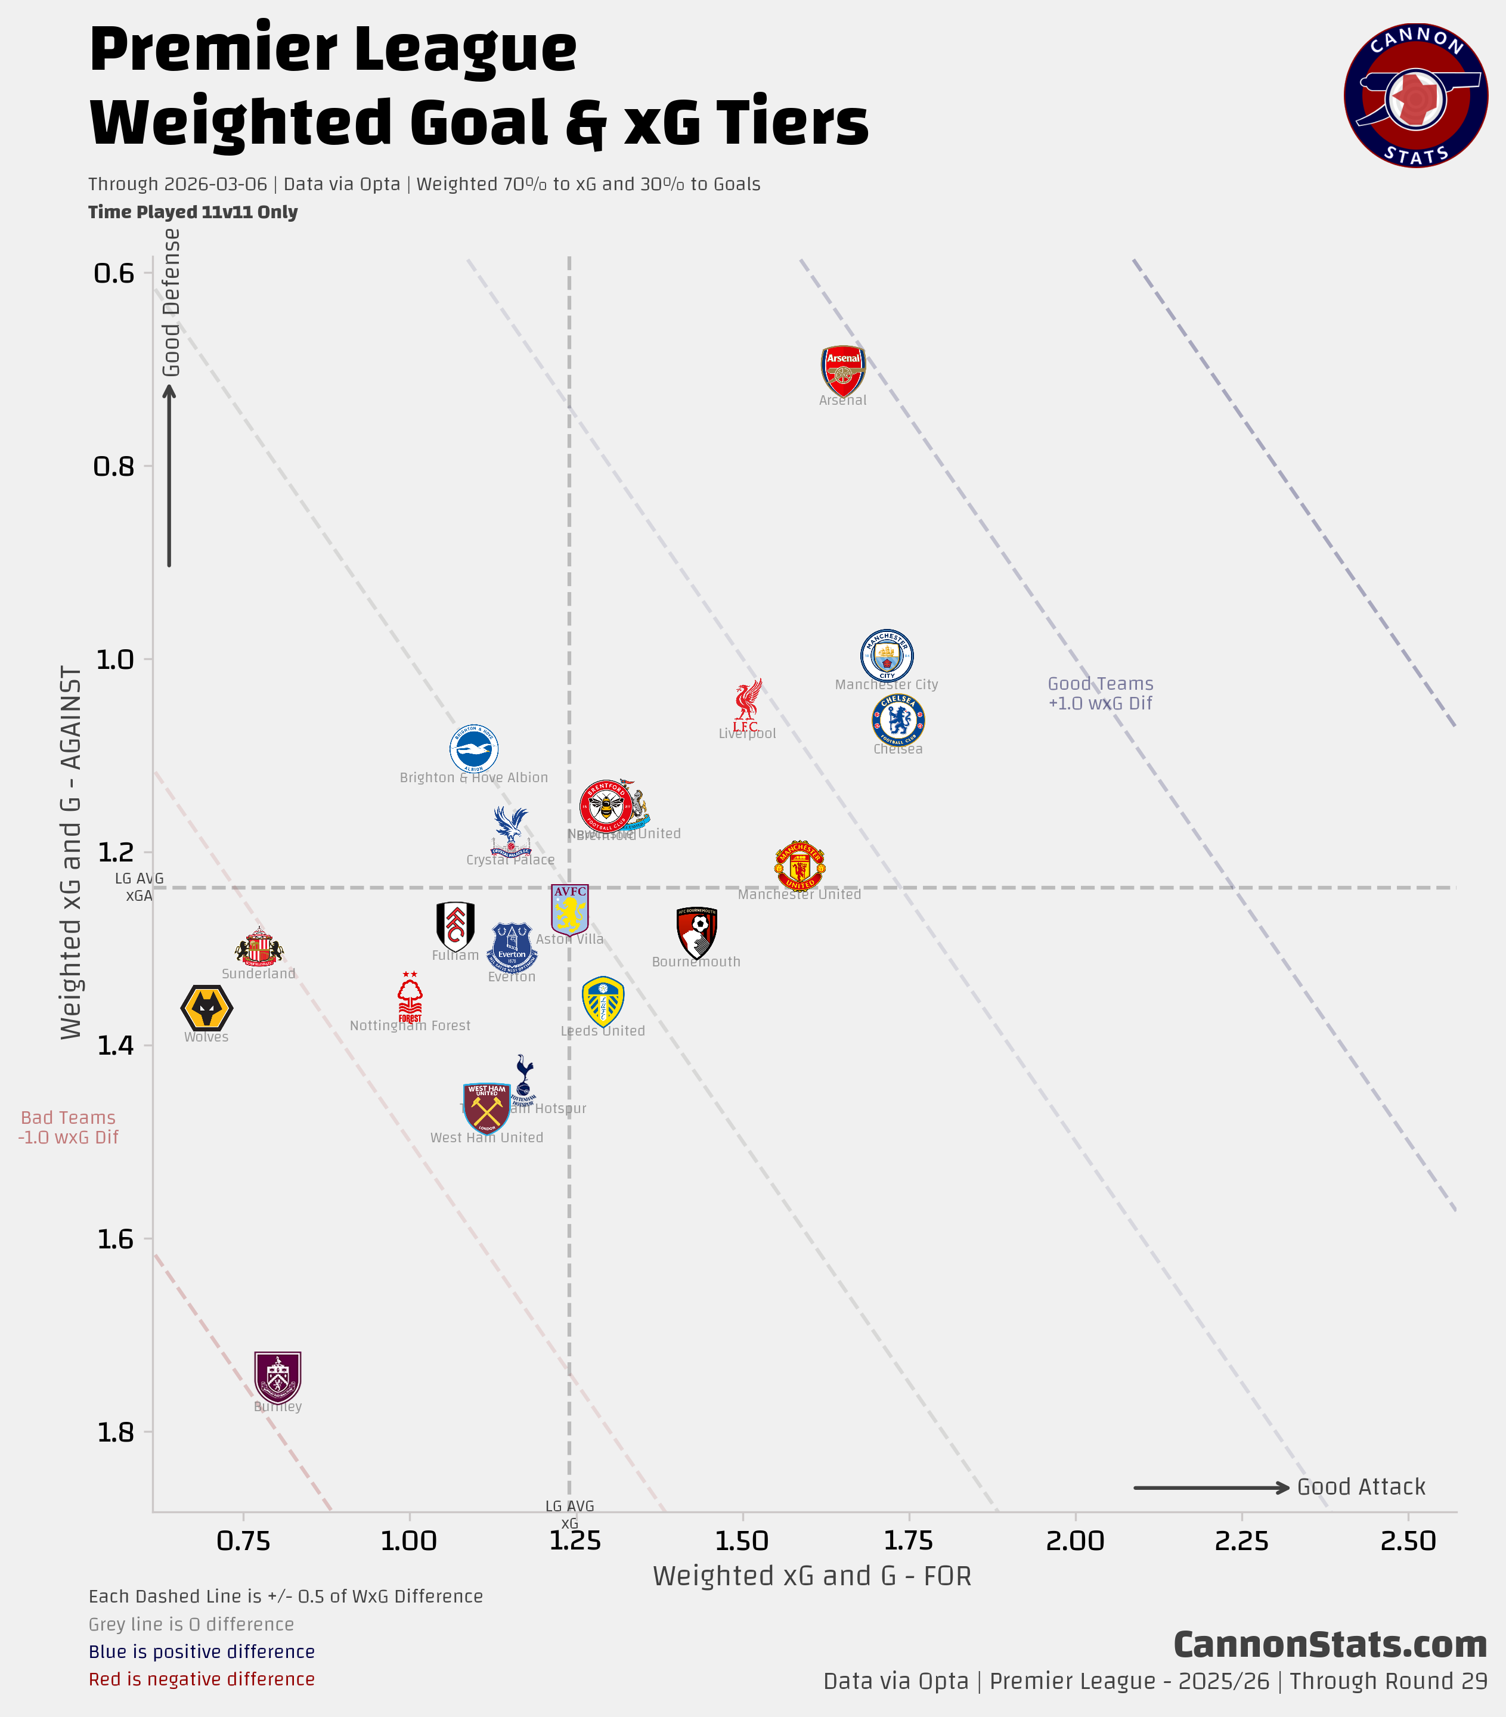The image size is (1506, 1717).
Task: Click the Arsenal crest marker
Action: (842, 370)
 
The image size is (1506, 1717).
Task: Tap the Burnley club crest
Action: (277, 1378)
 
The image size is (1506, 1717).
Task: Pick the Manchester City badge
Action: (886, 655)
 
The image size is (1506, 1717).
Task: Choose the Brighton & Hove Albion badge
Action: (474, 748)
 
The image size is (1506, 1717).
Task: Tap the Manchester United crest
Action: (800, 865)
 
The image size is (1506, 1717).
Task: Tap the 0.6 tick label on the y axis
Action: (114, 273)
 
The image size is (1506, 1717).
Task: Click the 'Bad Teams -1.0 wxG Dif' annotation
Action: (68, 1127)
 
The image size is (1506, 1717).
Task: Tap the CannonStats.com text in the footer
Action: (1330, 1645)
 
